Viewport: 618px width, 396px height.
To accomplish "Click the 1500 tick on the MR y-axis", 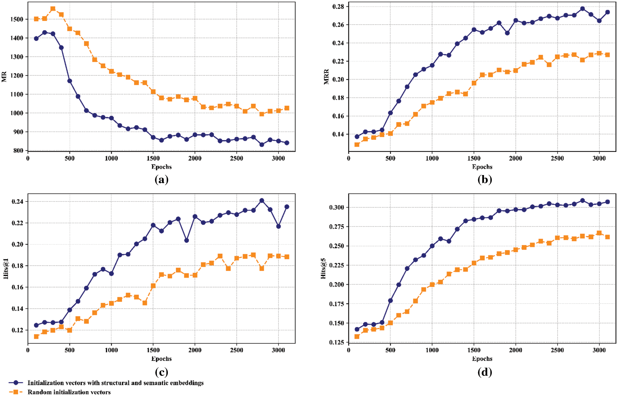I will [17, 19].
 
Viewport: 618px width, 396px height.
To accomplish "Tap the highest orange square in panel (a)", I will [53, 9].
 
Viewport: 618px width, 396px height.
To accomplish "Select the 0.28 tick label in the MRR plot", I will [338, 7].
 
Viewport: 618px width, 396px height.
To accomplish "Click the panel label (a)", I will [161, 180].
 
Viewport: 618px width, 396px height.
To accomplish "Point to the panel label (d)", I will [484, 372].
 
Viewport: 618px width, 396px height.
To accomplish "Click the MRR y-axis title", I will [327, 77].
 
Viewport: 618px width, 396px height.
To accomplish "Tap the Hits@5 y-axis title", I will [323, 268].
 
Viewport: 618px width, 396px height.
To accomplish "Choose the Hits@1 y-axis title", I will [6, 269].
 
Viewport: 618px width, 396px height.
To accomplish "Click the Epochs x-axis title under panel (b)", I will [482, 167].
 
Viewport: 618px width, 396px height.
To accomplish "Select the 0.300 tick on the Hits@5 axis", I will [337, 207].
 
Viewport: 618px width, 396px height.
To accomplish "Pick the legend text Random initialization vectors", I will [69, 392].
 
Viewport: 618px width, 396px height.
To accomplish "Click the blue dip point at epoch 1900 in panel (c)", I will [186, 240].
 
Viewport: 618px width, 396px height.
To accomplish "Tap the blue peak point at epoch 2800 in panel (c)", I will [262, 200].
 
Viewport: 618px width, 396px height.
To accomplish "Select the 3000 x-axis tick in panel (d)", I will [599, 350].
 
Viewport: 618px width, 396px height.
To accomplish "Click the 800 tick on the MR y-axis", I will [19, 151].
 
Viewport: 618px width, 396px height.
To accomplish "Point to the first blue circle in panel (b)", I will [357, 137].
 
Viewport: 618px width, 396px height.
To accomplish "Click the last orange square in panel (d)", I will [607, 237].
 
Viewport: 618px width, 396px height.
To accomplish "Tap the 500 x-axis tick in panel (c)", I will [70, 350].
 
